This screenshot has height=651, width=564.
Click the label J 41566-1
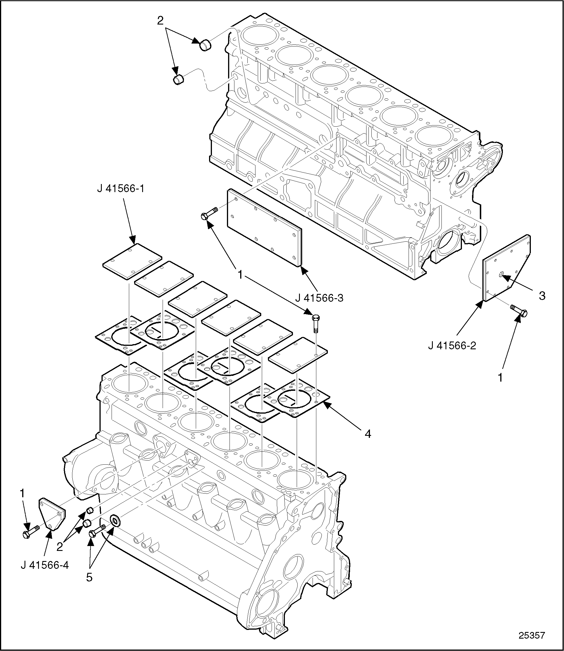(121, 189)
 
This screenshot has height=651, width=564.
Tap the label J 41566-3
(319, 297)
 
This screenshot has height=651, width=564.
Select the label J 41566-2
(452, 346)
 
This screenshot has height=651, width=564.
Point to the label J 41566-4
(45, 565)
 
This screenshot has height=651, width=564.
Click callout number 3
(542, 296)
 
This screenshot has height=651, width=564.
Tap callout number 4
(368, 434)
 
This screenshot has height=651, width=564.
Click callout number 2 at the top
(160, 21)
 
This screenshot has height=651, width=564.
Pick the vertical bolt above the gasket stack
(316, 322)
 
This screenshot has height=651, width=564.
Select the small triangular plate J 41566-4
(52, 513)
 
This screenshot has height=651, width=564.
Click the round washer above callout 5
(115, 521)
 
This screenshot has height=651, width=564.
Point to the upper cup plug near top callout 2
(205, 45)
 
